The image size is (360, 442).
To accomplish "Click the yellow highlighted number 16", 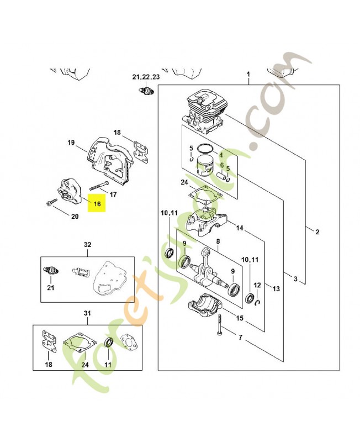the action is pos(97,203).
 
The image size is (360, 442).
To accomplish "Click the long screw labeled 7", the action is pos(219,325).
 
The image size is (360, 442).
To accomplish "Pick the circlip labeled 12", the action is pos(258,303).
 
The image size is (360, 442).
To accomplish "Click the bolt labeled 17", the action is pos(99,185).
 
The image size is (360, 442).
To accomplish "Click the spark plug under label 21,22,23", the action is pos(146,92).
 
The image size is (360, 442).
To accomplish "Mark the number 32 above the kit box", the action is pos(88,244).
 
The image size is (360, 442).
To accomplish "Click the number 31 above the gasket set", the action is pos(87,313).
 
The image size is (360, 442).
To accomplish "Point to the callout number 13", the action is pos(276,288).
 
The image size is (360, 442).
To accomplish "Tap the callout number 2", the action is pos(317,232).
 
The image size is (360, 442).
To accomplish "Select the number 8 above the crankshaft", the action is pos(218,241).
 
